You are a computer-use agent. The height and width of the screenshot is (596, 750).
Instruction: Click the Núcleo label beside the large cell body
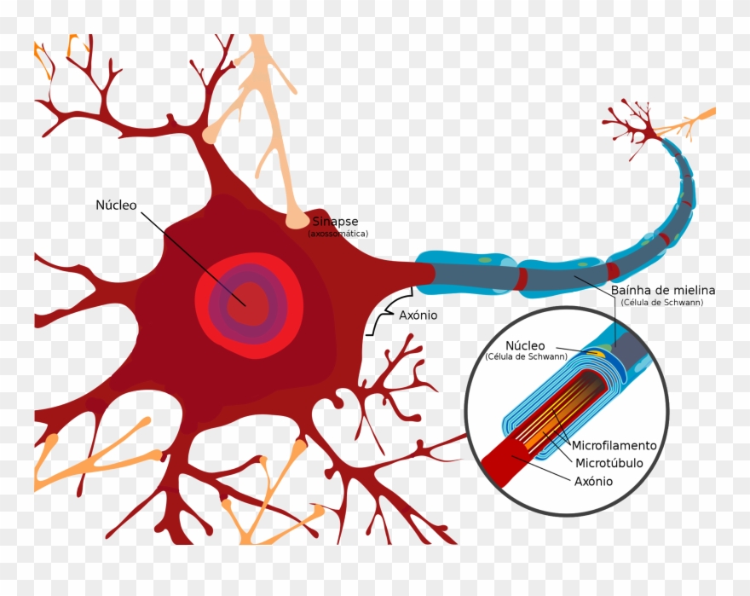115,205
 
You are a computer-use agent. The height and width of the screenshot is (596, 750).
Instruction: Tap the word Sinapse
335,222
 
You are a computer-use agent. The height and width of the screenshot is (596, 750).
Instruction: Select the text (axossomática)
338,234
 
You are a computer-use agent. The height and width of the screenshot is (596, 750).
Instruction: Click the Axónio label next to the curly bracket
418,315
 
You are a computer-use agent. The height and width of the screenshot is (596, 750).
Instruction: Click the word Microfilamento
614,446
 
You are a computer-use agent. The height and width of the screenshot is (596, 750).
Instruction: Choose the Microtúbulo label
609,464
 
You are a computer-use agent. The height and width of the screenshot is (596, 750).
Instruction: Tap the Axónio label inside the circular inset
594,481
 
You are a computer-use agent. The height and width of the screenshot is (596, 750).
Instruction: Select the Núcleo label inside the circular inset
525,345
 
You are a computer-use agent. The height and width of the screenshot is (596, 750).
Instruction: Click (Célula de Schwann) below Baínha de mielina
662,303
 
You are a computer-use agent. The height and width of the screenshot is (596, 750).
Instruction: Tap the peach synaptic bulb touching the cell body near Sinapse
297,220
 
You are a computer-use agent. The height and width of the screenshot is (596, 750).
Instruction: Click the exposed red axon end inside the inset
504,460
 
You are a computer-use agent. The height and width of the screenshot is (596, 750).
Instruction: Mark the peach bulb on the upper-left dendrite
209,135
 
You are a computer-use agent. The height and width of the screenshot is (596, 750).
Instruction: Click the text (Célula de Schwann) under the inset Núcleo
526,356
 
